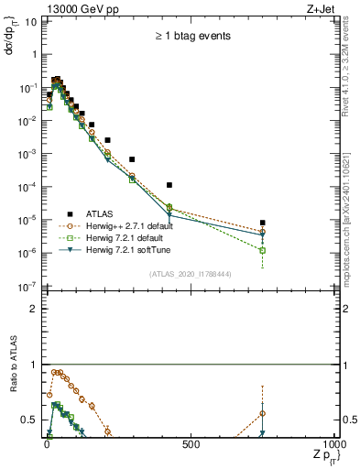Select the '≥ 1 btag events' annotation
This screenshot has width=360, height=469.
(192, 36)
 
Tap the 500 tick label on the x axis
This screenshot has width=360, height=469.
(191, 445)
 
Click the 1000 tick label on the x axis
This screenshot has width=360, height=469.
(334, 445)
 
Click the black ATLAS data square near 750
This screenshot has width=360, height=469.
(263, 223)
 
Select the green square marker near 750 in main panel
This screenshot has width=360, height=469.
(263, 250)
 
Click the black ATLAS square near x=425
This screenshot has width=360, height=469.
(169, 185)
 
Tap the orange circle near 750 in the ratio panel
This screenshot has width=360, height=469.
(263, 413)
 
